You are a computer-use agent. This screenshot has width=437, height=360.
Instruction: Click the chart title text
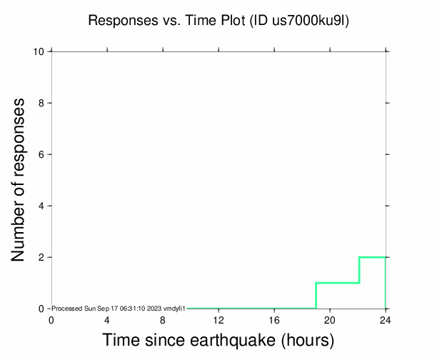pyautogui.click(x=218, y=21)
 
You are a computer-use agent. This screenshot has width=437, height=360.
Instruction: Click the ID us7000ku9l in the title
pyautogui.click(x=301, y=21)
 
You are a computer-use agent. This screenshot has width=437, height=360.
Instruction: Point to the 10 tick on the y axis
pyautogui.click(x=39, y=51)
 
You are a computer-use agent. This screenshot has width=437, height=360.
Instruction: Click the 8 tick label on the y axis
pyautogui.click(x=42, y=103)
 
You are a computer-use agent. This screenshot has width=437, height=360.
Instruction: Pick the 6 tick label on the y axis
pyautogui.click(x=42, y=154)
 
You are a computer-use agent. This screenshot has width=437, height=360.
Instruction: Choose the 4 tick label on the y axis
pyautogui.click(x=42, y=206)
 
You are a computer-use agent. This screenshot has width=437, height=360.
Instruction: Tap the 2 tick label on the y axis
pyautogui.click(x=42, y=257)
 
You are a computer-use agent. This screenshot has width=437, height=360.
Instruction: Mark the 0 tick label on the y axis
pyautogui.click(x=42, y=309)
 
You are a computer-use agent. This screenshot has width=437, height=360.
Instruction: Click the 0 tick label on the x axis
pyautogui.click(x=51, y=319)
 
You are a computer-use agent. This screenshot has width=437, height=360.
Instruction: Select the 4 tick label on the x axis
pyautogui.click(x=107, y=319)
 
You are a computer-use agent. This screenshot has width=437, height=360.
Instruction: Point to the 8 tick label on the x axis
pyautogui.click(x=163, y=319)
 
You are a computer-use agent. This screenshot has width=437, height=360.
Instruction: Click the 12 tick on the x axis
pyautogui.click(x=218, y=319)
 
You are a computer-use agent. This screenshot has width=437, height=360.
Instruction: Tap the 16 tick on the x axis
pyautogui.click(x=274, y=319)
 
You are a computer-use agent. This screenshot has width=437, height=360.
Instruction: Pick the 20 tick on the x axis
pyautogui.click(x=330, y=319)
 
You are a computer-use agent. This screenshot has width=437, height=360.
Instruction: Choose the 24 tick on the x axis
pyautogui.click(x=386, y=319)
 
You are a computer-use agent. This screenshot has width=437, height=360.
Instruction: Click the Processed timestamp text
pyautogui.click(x=119, y=309)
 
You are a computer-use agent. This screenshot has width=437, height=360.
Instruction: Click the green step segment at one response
pyautogui.click(x=337, y=283)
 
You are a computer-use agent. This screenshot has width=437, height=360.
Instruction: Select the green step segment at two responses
pyautogui.click(x=372, y=257)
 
